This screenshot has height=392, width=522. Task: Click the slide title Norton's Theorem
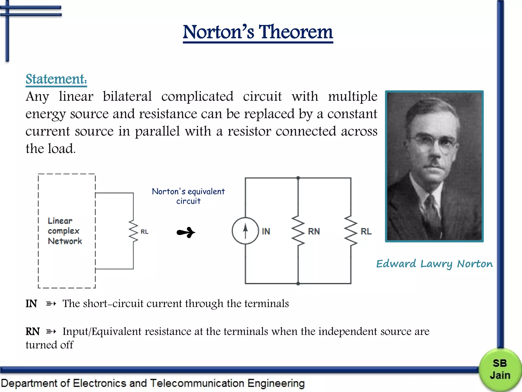[258, 32]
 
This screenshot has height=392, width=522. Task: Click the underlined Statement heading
[56, 79]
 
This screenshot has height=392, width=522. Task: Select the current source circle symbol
[245, 231]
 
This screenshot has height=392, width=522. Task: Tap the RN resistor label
[314, 231]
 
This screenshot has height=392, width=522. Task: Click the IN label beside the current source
[266, 231]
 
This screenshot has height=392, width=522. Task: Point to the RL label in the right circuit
[366, 231]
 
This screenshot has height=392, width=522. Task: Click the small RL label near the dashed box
[145, 232]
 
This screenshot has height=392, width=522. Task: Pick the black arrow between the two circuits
[186, 232]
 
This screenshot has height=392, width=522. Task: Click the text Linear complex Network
[64, 231]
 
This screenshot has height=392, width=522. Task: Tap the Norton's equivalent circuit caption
[188, 196]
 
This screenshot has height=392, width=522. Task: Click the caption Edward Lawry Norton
[435, 264]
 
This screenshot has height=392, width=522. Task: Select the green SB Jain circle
[500, 369]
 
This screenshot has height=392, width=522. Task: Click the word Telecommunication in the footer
[197, 383]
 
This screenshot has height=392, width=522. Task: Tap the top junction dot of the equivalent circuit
[298, 178]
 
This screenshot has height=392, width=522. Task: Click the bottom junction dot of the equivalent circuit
[298, 284]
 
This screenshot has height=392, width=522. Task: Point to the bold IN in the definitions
[31, 304]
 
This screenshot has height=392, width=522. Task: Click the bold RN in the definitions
[33, 332]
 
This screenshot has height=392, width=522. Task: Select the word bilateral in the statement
[127, 96]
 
